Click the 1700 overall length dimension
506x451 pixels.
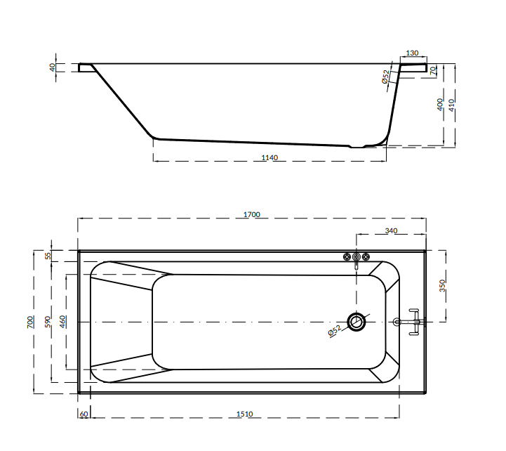(252, 214)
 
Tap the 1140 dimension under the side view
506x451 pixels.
(269, 157)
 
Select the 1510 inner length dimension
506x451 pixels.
(245, 414)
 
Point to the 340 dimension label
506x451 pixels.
(391, 230)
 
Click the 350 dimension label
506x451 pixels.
(442, 286)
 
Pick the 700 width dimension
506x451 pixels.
(29, 322)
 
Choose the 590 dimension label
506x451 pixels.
(48, 322)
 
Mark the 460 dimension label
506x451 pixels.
(62, 322)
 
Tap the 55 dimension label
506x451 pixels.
(48, 256)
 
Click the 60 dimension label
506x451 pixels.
(84, 414)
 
